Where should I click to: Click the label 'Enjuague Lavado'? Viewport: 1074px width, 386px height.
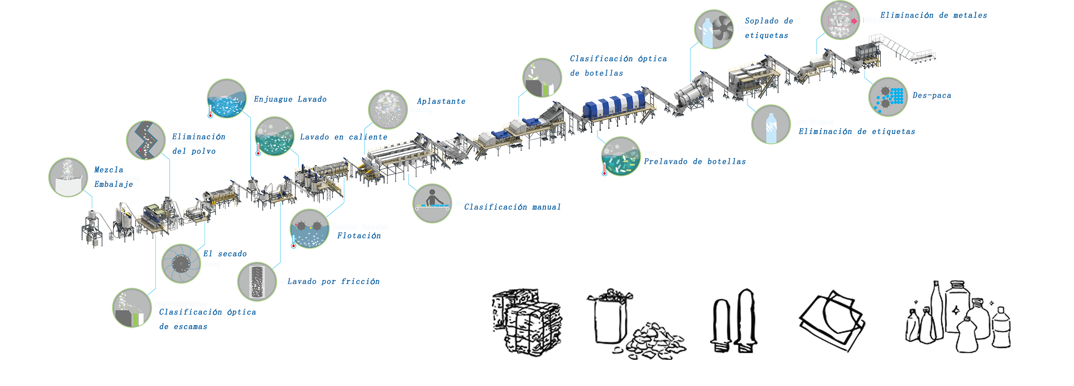[290, 99]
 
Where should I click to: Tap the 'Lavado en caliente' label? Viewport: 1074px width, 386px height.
[343, 137]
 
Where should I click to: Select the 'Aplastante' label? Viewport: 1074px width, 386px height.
[441, 101]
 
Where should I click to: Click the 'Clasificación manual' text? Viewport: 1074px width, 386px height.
[512, 207]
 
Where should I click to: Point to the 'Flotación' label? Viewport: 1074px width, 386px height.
[359, 236]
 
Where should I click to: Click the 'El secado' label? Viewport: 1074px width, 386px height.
[225, 253]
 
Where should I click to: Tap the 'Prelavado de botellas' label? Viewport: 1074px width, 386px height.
[695, 162]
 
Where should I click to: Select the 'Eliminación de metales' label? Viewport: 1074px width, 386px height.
[933, 15]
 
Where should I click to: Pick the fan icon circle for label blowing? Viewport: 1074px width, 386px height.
[714, 30]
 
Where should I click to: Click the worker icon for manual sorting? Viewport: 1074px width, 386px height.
[432, 203]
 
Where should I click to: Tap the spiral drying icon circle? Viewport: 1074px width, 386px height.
[181, 263]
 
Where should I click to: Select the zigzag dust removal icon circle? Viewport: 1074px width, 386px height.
[146, 140]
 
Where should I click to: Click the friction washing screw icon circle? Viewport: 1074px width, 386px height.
[257, 281]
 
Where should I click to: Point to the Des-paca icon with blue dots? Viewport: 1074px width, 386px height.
[888, 97]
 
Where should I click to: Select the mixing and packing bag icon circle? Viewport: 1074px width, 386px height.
[68, 177]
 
